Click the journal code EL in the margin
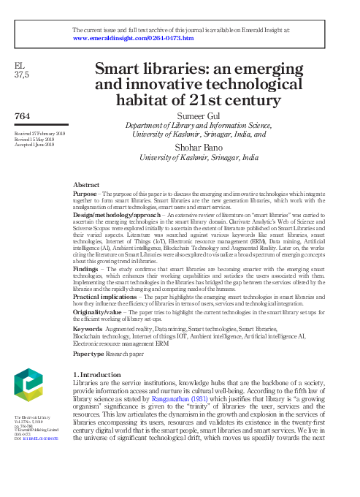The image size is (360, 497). click(x=20, y=66)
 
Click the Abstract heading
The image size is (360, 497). click(x=88, y=186)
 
